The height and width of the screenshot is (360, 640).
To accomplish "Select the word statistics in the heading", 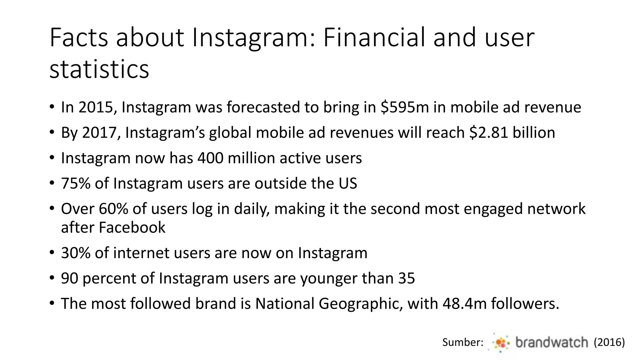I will click(x=99, y=69).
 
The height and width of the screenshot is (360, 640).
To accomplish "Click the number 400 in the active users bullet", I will click(x=210, y=158).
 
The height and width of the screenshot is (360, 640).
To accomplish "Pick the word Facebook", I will click(x=132, y=227).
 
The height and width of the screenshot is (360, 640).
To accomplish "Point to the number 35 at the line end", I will click(x=406, y=278).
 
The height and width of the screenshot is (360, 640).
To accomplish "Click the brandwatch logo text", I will click(x=552, y=342).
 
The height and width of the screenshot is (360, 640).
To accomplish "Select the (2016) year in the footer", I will click(x=609, y=342).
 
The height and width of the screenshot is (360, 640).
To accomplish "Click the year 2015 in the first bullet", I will click(x=95, y=107).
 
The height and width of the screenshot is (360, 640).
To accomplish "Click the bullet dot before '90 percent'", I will click(x=52, y=278).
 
